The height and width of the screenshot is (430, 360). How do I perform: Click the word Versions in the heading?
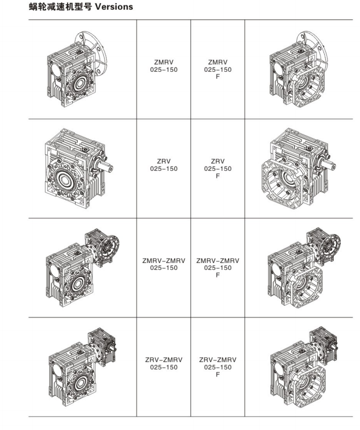pyautogui.click(x=114, y=6)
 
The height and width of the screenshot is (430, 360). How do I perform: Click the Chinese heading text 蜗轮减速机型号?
pyautogui.click(x=61, y=6)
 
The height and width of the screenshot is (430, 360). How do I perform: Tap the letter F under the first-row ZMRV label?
pyautogui.click(x=217, y=77)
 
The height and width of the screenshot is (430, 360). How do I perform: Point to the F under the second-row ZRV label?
pyautogui.click(x=217, y=176)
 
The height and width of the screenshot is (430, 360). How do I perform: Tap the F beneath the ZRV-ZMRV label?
pyautogui.click(x=217, y=374)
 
